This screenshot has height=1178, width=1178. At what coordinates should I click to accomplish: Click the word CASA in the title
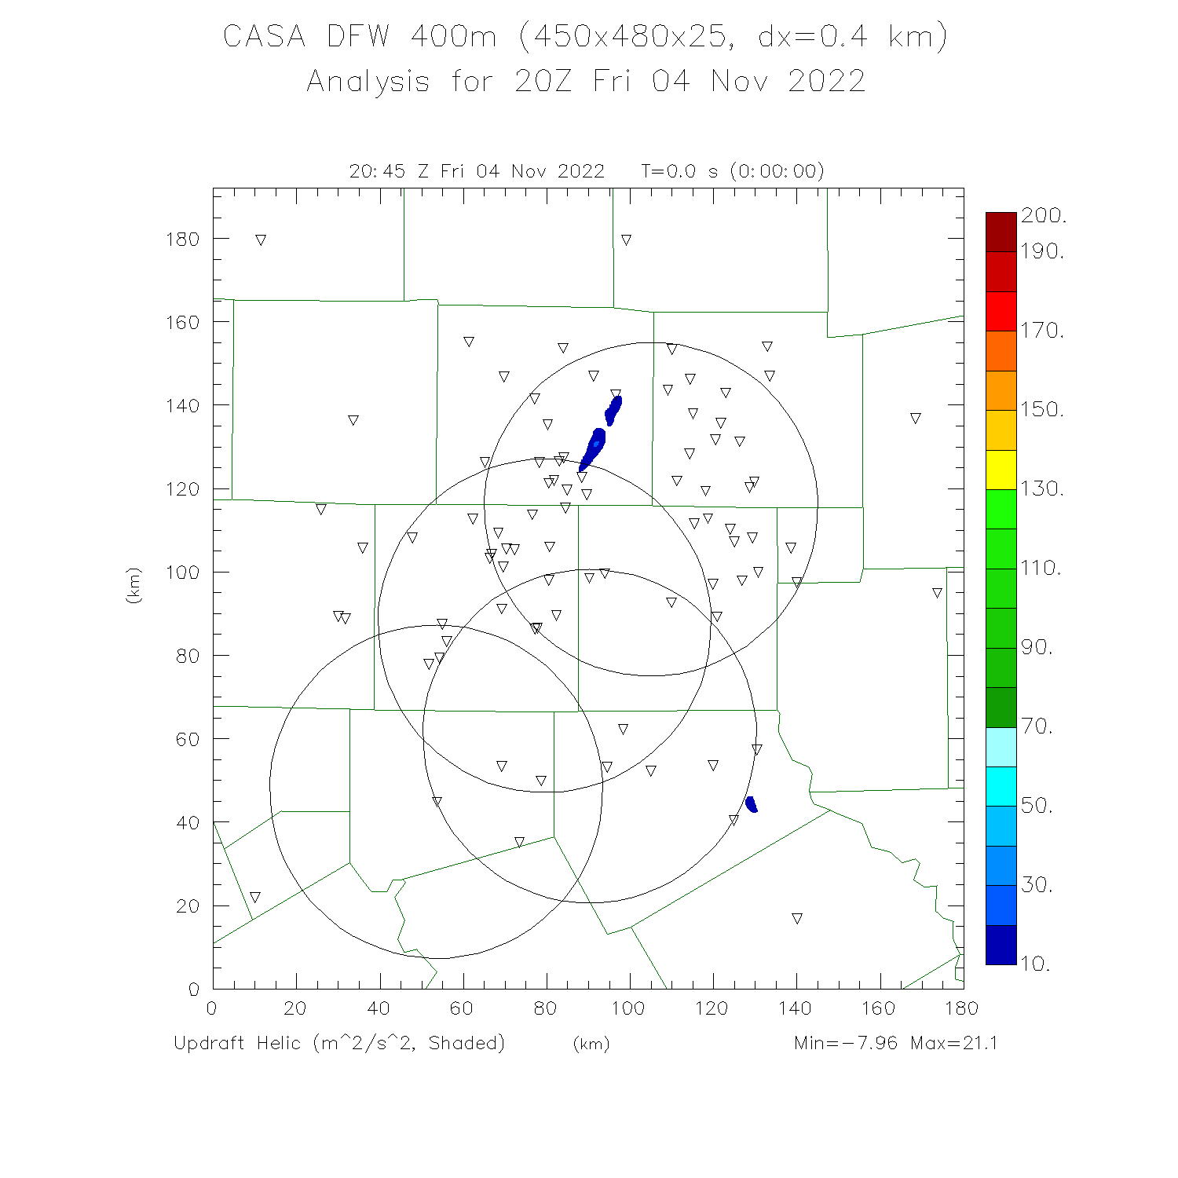264,36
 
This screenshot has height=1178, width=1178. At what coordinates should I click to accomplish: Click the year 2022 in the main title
826,81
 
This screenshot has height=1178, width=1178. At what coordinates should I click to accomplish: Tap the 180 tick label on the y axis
182,239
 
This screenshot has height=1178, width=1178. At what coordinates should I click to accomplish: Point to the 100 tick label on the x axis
627,1008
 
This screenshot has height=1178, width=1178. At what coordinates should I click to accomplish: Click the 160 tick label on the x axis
878,1008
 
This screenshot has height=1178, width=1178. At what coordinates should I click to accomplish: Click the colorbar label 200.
1043,216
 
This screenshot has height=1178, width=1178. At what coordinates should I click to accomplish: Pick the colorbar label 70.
1037,726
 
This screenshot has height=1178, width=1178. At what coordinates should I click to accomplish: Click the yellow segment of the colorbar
1001,470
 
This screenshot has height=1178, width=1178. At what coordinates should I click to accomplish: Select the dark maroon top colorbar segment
1001,232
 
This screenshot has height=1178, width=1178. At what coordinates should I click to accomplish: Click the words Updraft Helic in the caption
237,1043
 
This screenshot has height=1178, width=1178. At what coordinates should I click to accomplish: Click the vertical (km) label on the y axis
134,585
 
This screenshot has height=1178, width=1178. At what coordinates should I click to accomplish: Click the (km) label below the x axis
591,1044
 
